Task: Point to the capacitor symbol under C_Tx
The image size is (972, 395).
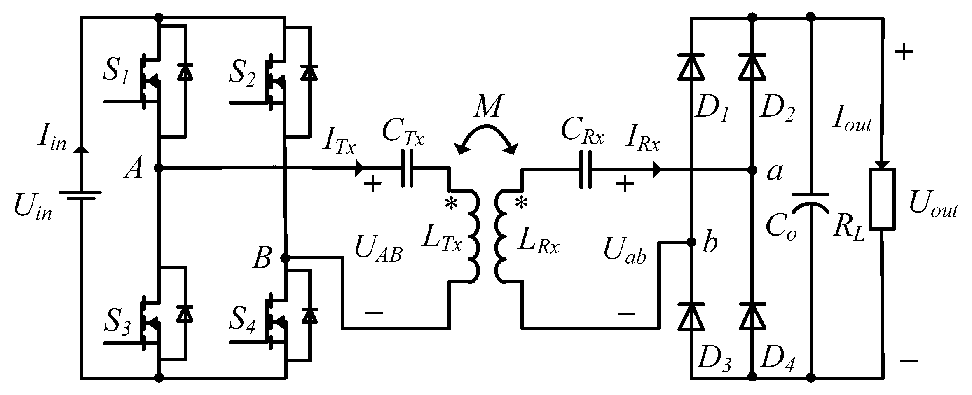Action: tap(407, 169)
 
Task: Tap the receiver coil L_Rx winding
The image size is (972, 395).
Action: tap(501, 236)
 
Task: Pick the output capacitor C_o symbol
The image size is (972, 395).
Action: tap(811, 201)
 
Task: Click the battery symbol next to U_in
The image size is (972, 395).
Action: tap(80, 195)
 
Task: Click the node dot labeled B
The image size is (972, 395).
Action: tap(284, 258)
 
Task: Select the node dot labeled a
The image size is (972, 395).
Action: tap(752, 170)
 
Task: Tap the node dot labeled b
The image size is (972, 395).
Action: tap(691, 242)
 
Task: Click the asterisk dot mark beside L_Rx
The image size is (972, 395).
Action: tap(521, 203)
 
